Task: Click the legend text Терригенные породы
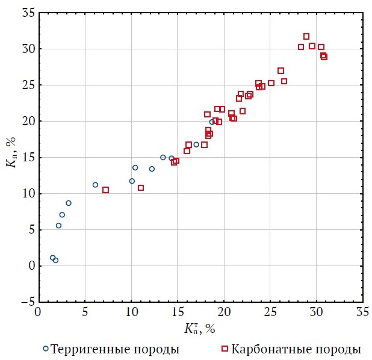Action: (x=115, y=349)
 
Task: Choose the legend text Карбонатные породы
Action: (x=296, y=349)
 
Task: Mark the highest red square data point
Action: (x=306, y=37)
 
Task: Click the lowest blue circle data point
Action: (x=55, y=260)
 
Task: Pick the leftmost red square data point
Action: (x=105, y=190)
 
